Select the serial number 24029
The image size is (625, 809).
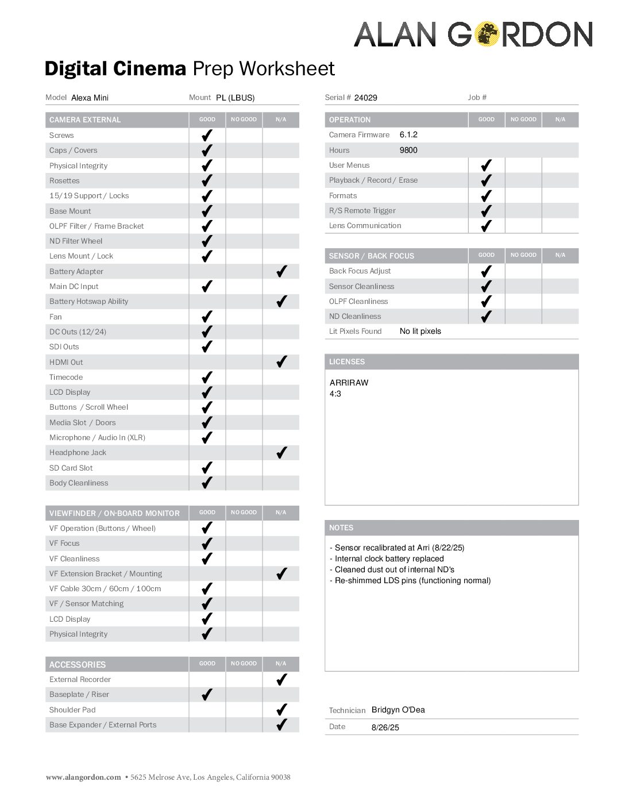pyautogui.click(x=365, y=98)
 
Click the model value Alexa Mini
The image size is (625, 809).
pyautogui.click(x=90, y=98)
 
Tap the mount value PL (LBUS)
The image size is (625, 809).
pyautogui.click(x=235, y=98)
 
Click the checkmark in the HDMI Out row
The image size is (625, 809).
pyautogui.click(x=281, y=361)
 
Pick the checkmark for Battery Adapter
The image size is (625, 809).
pyautogui.click(x=281, y=271)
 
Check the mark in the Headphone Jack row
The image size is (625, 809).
pyautogui.click(x=281, y=452)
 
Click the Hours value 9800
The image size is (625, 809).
pyautogui.click(x=408, y=150)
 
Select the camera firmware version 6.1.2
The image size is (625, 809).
pyautogui.click(x=408, y=134)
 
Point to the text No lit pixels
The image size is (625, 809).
pyautogui.click(x=420, y=331)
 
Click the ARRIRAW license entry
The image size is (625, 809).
pyautogui.click(x=349, y=383)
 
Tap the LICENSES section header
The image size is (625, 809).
pyautogui.click(x=347, y=361)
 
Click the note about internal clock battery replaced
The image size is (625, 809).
pyautogui.click(x=389, y=558)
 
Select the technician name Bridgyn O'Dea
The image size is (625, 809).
pyautogui.click(x=398, y=710)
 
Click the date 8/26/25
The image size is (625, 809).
pyautogui.click(x=385, y=727)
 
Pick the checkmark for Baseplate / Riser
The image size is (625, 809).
pyautogui.click(x=207, y=694)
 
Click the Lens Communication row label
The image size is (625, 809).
pyautogui.click(x=365, y=225)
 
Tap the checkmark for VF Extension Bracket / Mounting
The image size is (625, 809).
pyautogui.click(x=281, y=573)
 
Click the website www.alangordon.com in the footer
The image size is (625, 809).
pyautogui.click(x=83, y=777)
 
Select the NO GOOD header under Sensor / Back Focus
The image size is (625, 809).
pyautogui.click(x=523, y=255)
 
